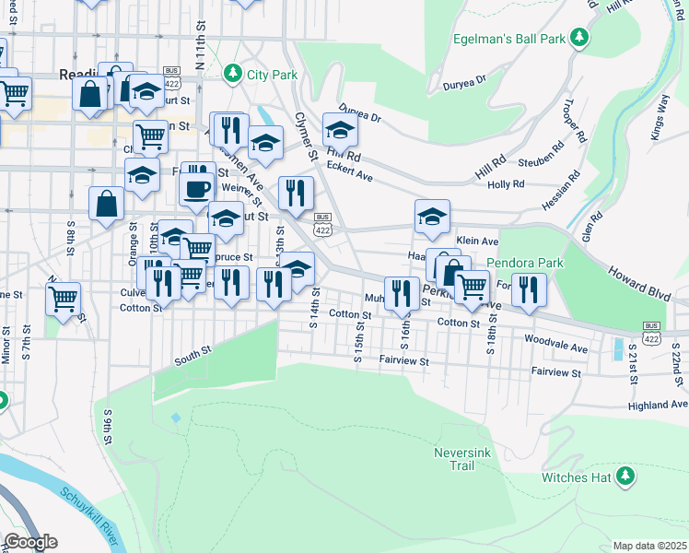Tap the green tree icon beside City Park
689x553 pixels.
233,72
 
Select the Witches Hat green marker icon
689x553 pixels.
626,476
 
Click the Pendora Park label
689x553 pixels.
531,263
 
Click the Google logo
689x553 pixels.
29,542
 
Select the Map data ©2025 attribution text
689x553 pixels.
648,546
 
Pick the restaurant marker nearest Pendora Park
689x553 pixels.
529,288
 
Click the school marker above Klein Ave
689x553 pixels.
432,217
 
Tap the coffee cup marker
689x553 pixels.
195,190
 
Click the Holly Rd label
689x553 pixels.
506,184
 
